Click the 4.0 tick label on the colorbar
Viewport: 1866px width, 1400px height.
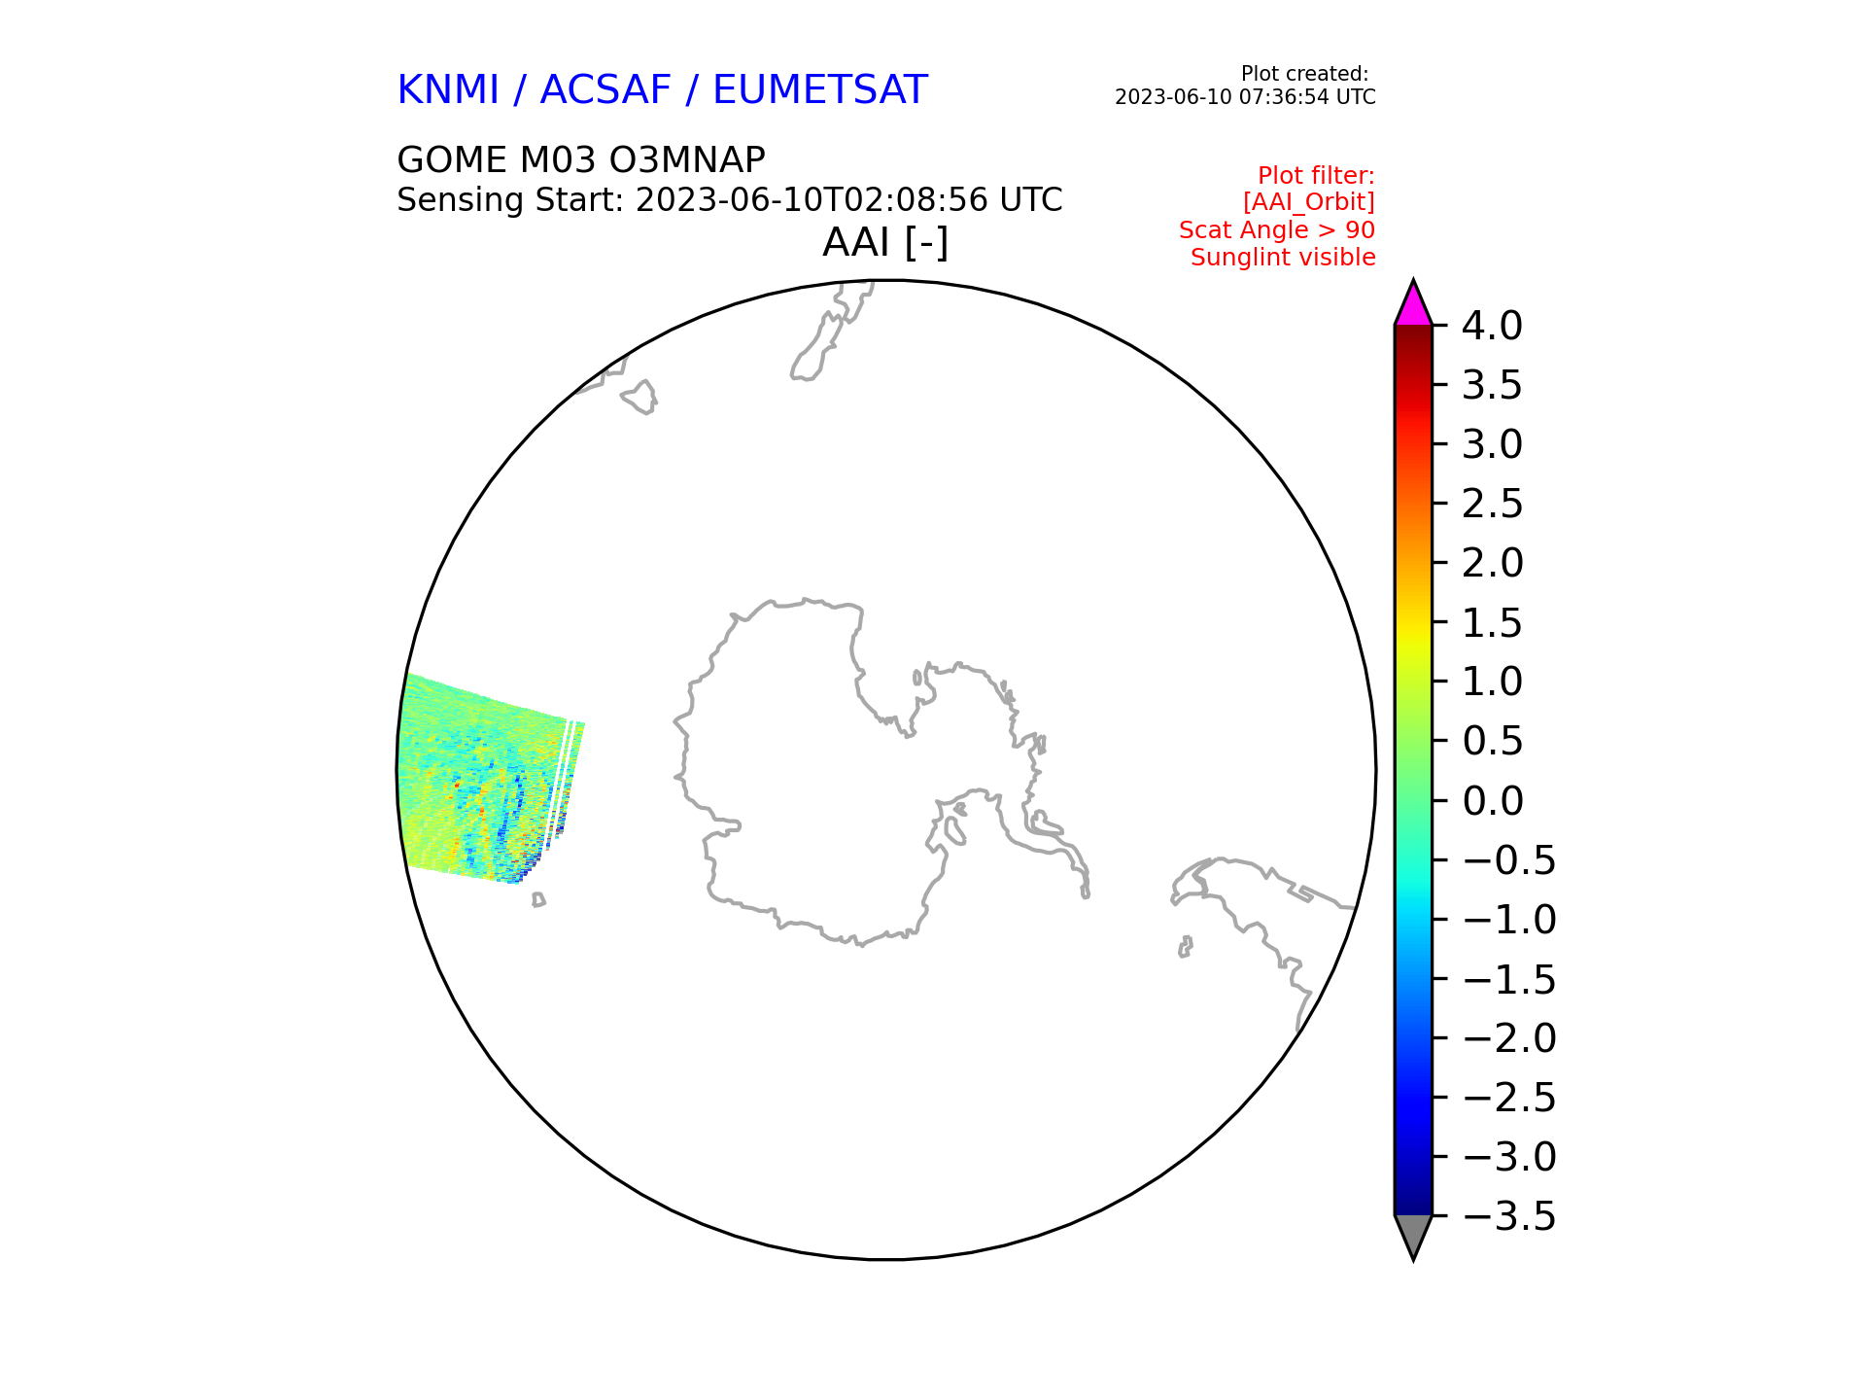point(1492,326)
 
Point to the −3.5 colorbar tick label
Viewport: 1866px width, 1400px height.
point(1508,1216)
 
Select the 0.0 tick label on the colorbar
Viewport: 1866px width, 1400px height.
point(1492,801)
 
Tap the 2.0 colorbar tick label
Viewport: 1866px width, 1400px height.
point(1492,563)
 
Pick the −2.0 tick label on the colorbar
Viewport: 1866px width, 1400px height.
point(1508,1038)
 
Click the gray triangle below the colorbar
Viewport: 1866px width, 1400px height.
point(1413,1236)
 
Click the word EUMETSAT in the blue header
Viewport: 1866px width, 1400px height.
point(820,90)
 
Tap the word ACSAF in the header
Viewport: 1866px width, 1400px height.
point(605,90)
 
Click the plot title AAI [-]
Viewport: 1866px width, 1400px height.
point(885,242)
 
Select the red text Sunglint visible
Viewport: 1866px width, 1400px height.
point(1283,258)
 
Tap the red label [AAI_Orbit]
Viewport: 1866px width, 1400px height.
point(1308,202)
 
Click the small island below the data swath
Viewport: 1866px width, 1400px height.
point(538,900)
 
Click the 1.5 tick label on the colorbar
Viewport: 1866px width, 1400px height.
point(1492,623)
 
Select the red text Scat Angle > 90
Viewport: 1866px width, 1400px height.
point(1277,230)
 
